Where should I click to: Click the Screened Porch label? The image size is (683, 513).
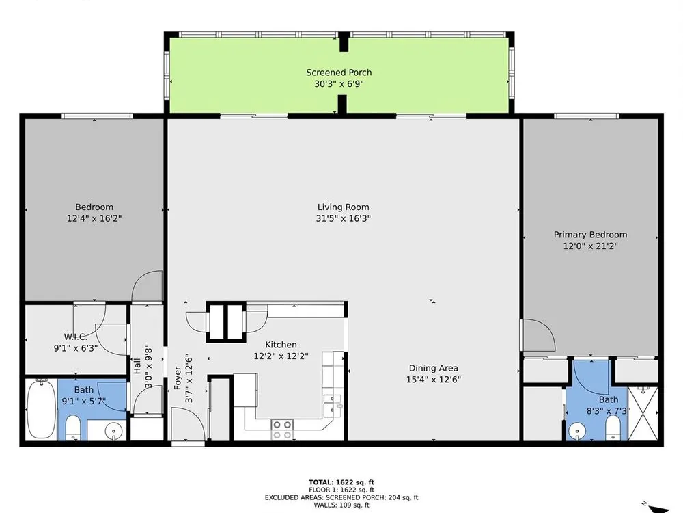pyautogui.click(x=339, y=73)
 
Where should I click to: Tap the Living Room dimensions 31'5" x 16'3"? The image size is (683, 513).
pyautogui.click(x=344, y=218)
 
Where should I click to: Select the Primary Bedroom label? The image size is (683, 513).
pyautogui.click(x=590, y=235)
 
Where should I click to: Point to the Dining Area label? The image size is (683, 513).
pyautogui.click(x=434, y=368)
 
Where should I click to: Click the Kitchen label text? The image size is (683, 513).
pyautogui.click(x=281, y=345)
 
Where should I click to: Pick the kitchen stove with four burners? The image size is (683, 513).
pyautogui.click(x=282, y=430)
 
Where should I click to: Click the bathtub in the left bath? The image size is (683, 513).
pyautogui.click(x=41, y=409)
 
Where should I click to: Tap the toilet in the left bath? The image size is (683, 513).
pyautogui.click(x=73, y=428)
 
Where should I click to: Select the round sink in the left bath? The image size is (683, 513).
pyautogui.click(x=113, y=432)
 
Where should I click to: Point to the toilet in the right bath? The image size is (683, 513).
pyautogui.click(x=613, y=428)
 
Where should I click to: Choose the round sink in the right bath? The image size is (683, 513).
pyautogui.click(x=576, y=431)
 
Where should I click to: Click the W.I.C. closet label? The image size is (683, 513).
pyautogui.click(x=76, y=337)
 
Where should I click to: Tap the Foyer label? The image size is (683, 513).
pyautogui.click(x=178, y=378)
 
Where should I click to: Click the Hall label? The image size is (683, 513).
pyautogui.click(x=137, y=366)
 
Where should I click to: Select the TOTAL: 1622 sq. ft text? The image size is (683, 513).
pyautogui.click(x=341, y=482)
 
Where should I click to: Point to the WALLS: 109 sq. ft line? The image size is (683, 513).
pyautogui.click(x=341, y=505)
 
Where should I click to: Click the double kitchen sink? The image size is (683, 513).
pyautogui.click(x=332, y=404)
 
